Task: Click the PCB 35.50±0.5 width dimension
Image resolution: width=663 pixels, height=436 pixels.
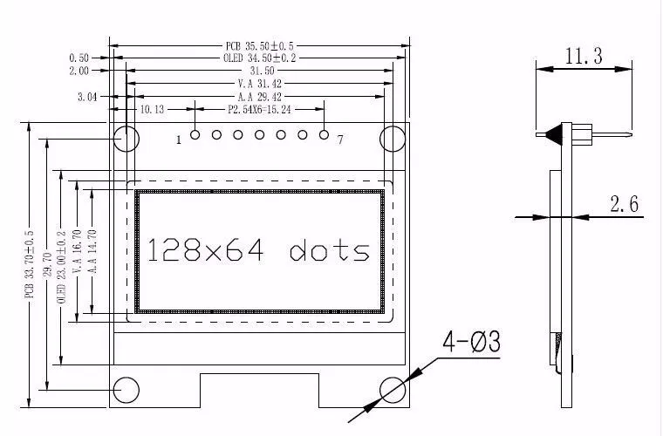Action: pos(259,45)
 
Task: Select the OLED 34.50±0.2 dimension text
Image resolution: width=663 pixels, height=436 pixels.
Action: pos(259,58)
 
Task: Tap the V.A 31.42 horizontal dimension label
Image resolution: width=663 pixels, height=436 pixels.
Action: pos(260,84)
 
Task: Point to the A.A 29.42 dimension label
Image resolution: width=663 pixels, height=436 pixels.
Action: pos(260,97)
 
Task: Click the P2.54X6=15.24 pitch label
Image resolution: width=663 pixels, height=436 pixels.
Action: pos(259,109)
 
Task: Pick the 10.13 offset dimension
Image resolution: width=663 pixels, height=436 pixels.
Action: pos(152,109)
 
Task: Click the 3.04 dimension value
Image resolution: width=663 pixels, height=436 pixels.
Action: pos(87,97)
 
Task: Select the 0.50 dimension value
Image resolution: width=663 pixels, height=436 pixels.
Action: pos(79,58)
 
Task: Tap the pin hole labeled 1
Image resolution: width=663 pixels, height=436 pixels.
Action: pos(195,135)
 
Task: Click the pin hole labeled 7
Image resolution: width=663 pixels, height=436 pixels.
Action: pos(324,135)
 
